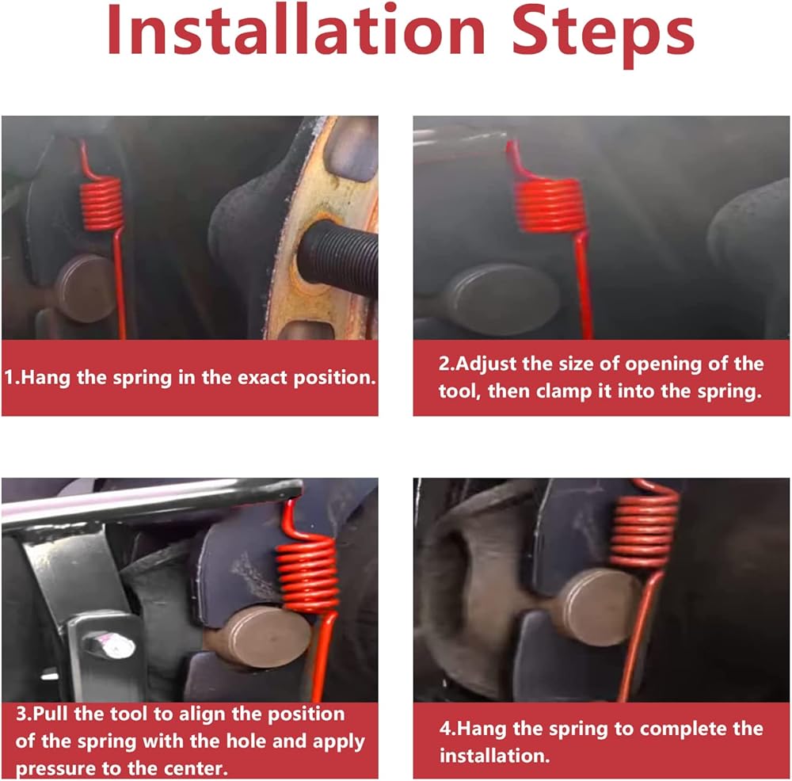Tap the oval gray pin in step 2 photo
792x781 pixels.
tap(503, 299)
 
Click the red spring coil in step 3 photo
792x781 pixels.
tap(307, 574)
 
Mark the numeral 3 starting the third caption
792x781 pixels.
tap(21, 714)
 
